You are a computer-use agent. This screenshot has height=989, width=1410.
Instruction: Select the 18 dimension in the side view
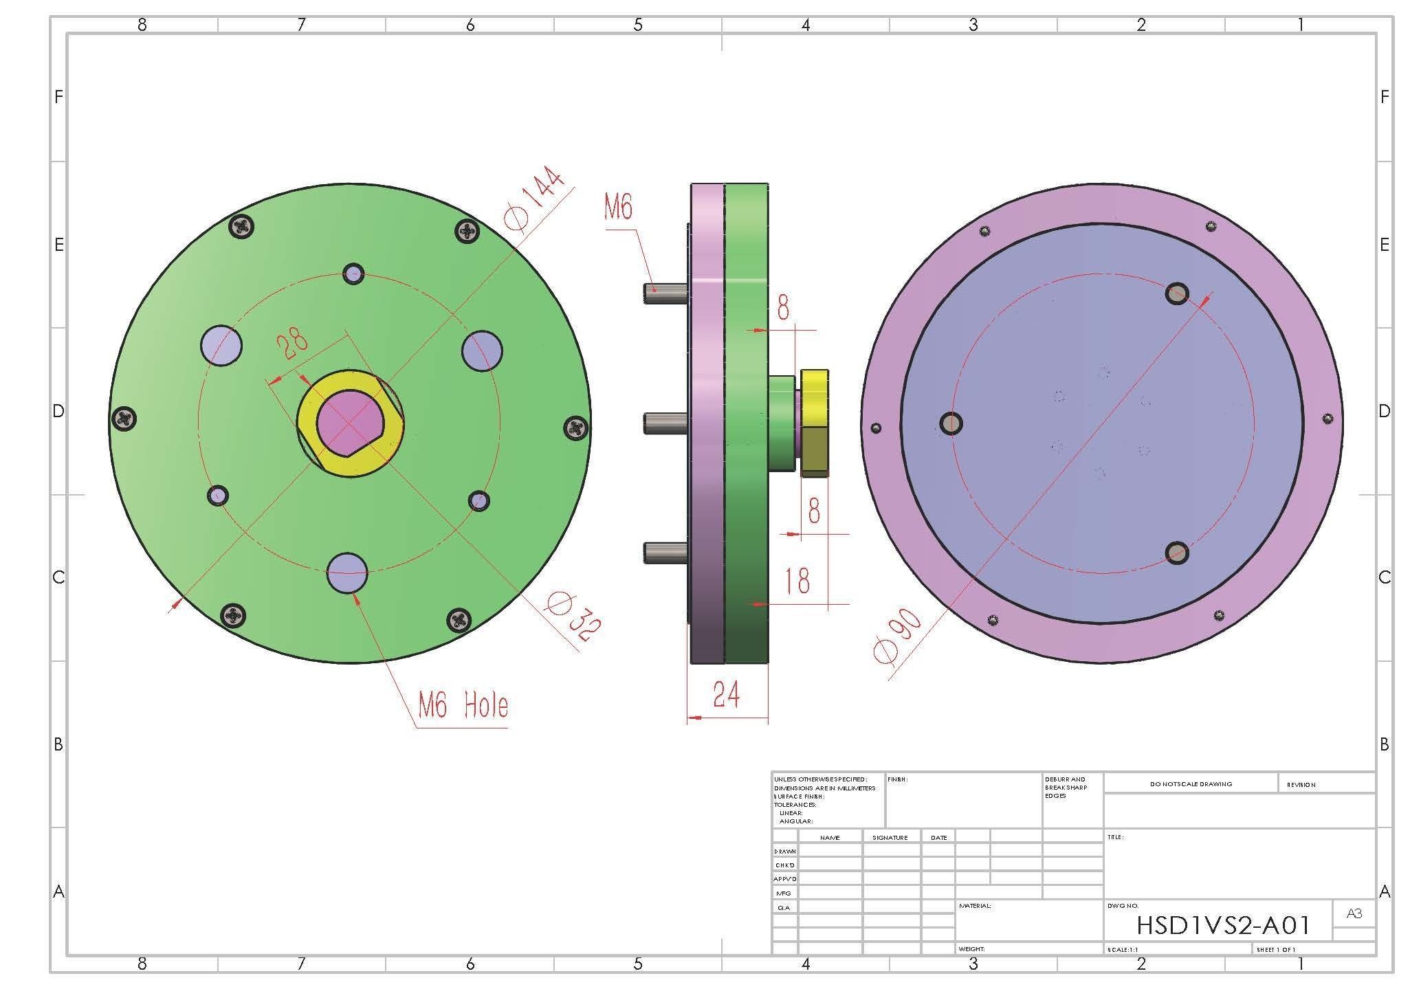click(x=797, y=580)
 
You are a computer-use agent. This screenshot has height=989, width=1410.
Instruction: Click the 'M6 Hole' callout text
click(x=463, y=705)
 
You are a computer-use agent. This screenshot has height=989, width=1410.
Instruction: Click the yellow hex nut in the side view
click(x=815, y=423)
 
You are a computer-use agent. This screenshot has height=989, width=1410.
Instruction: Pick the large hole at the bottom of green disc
click(x=347, y=572)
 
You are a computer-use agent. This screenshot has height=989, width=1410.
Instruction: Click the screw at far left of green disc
click(x=124, y=418)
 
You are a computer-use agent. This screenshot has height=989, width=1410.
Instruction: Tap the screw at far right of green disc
click(x=575, y=429)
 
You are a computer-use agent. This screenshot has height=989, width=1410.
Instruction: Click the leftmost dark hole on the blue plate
click(x=951, y=423)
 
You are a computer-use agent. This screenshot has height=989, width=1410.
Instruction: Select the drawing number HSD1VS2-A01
click(x=1223, y=925)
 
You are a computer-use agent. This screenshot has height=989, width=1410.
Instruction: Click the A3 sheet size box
click(x=1354, y=914)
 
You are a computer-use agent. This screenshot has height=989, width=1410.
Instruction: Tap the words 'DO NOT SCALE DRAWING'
click(x=1191, y=784)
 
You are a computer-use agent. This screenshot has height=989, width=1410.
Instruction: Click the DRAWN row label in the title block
click(x=785, y=851)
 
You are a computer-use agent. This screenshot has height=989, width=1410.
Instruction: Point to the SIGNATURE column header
click(x=890, y=837)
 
